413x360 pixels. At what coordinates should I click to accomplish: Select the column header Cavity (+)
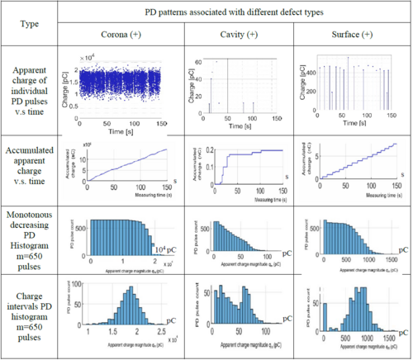(235, 36)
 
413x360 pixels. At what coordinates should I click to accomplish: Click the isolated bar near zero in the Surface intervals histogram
(325, 315)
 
